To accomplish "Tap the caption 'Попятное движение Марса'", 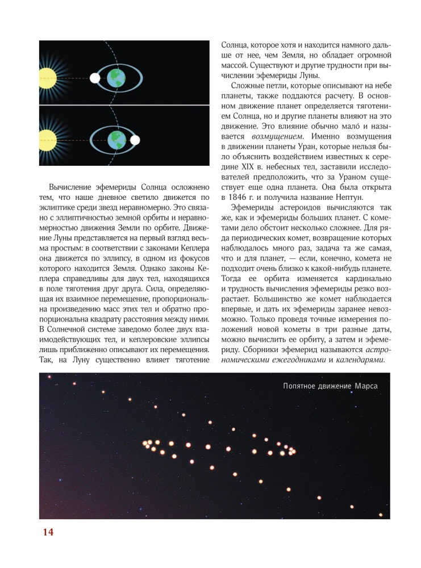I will click(x=330, y=387).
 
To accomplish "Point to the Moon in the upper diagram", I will click(x=93, y=77).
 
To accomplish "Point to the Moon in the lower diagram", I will click(x=135, y=139).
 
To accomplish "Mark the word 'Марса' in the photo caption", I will click(x=366, y=387).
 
